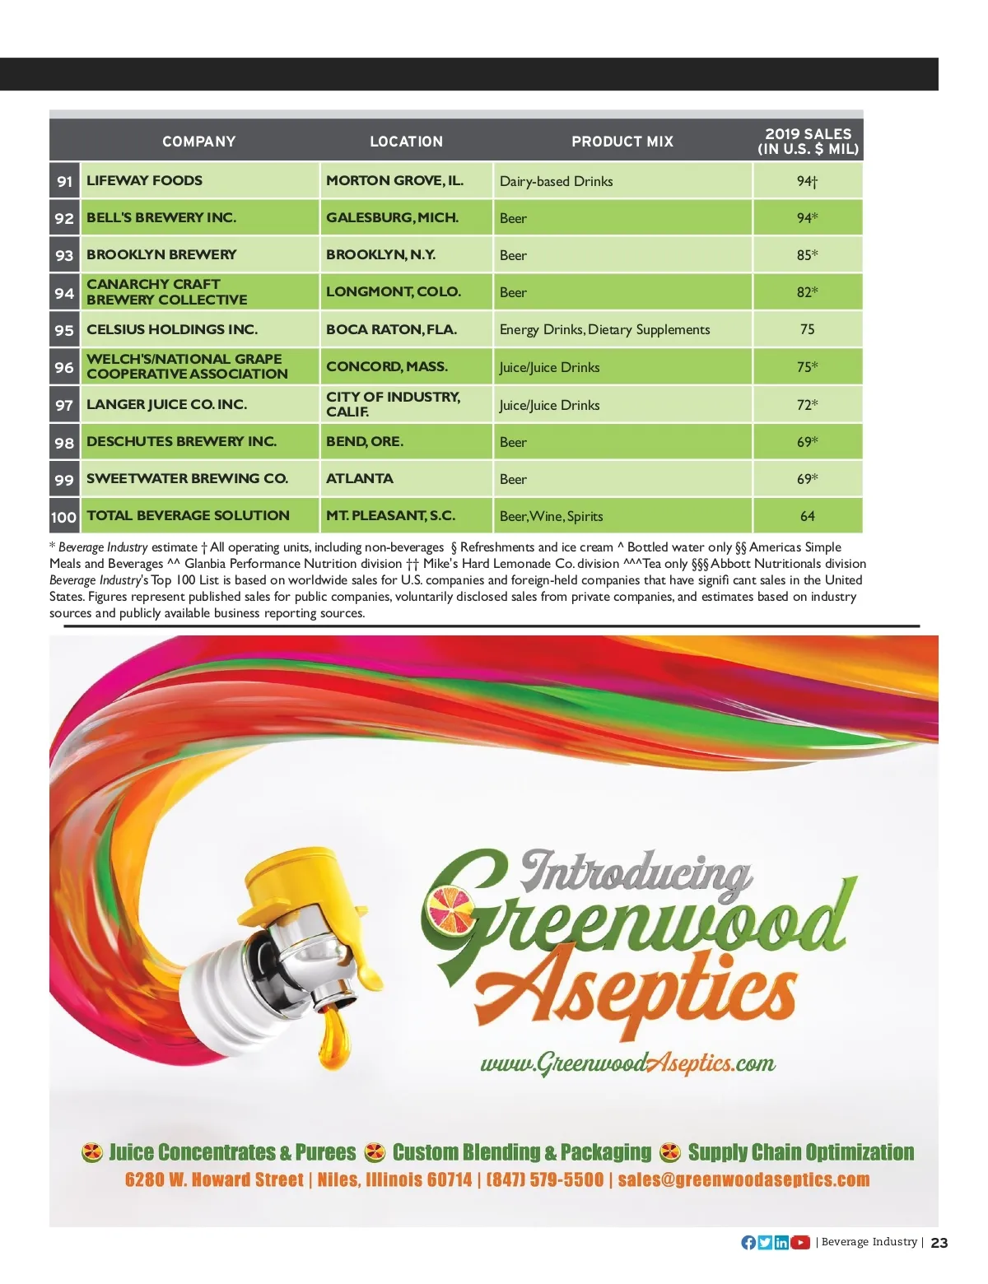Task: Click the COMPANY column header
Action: [x=198, y=142]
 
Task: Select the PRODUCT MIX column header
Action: [x=622, y=142]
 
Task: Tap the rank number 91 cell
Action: [x=64, y=181]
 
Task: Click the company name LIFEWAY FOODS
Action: [x=144, y=180]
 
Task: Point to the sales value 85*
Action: [x=807, y=255]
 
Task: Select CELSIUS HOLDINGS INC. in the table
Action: [x=172, y=329]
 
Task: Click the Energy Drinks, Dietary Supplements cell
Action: [x=604, y=329]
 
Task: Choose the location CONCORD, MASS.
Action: [x=387, y=366]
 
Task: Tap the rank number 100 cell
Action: [x=63, y=517]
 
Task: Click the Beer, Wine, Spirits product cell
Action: [x=551, y=516]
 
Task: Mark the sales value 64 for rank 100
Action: [x=807, y=516]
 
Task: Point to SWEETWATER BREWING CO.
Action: [x=187, y=478]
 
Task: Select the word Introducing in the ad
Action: [x=636, y=872]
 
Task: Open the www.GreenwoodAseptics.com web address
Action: [x=627, y=1063]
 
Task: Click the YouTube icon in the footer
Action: [x=800, y=1242]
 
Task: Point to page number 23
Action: [x=939, y=1243]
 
